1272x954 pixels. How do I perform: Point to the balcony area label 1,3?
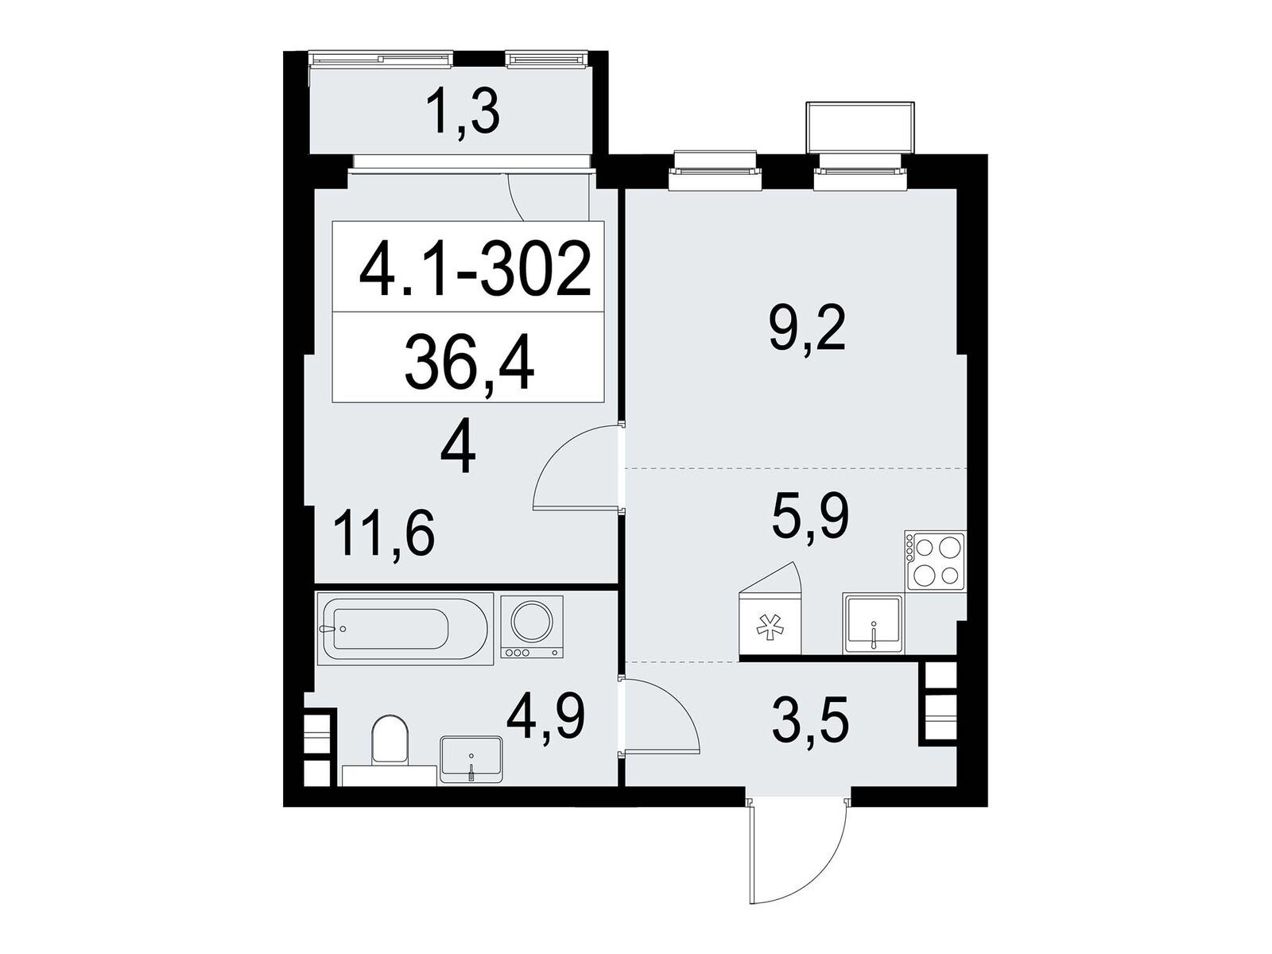(463, 116)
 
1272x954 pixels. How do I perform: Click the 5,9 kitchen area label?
(809, 518)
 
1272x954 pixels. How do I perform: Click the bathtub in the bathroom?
(405, 629)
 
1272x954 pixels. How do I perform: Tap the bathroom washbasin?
(471, 760)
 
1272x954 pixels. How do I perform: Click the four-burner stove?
(935, 560)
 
